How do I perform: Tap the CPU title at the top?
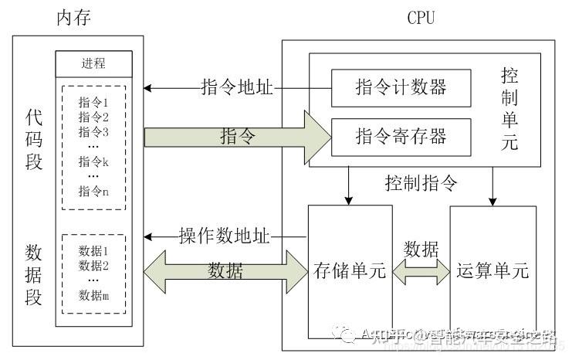(x=421, y=18)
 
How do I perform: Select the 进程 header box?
(x=93, y=63)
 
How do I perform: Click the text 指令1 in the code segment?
(x=94, y=102)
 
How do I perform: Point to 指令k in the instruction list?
(x=94, y=161)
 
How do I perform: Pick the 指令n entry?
(x=94, y=192)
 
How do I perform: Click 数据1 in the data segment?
(x=94, y=251)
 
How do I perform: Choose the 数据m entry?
(x=94, y=295)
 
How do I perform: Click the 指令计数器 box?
(x=401, y=87)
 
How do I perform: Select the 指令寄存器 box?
(x=401, y=137)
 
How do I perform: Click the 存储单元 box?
(x=350, y=271)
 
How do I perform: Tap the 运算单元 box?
(x=492, y=271)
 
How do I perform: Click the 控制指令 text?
(x=421, y=184)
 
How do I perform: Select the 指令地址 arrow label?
(x=236, y=87)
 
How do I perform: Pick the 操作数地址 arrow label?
(x=225, y=236)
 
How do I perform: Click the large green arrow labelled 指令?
(x=239, y=138)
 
